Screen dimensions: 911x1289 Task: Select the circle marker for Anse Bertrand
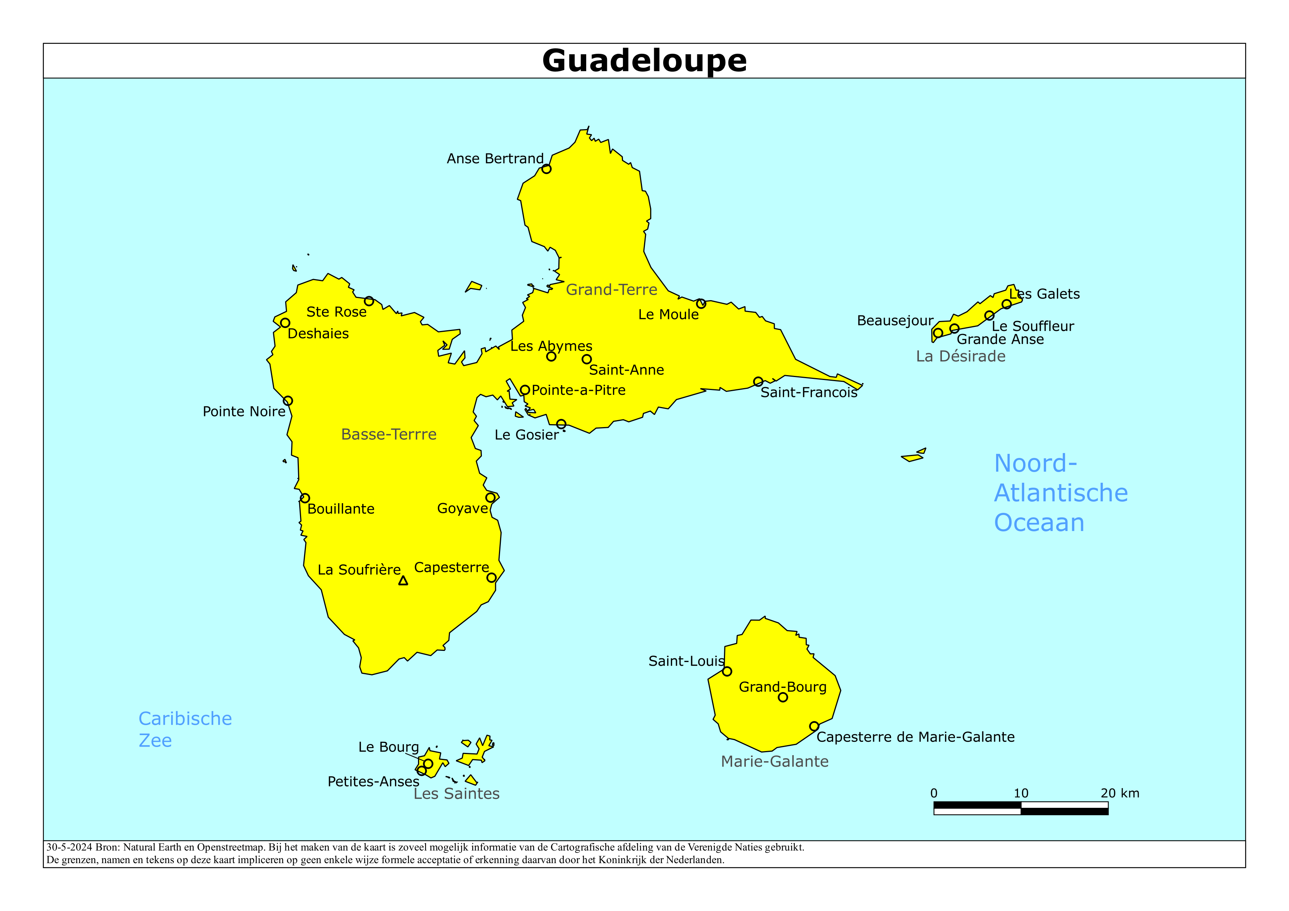pos(546,169)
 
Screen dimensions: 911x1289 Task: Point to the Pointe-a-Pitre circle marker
pos(525,390)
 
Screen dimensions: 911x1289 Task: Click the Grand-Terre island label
pos(611,290)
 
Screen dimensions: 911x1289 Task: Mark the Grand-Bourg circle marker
pos(783,698)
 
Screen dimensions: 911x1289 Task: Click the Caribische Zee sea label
pos(185,729)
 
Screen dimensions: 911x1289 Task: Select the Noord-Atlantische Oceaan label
pos(1061,493)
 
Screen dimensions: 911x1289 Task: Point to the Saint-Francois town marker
pos(758,382)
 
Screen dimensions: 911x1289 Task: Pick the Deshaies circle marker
pos(285,323)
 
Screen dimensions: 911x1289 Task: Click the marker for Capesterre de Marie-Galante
pos(814,726)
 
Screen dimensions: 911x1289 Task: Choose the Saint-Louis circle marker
pos(727,671)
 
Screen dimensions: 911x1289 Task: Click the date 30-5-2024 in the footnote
pos(69,848)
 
